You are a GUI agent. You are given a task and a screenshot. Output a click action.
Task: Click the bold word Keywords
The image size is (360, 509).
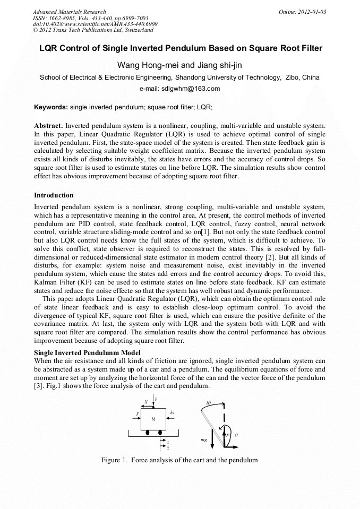[51, 107]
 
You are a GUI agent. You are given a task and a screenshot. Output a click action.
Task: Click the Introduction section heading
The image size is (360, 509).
[54, 195]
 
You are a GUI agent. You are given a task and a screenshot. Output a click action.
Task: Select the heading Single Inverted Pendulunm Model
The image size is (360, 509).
[87, 353]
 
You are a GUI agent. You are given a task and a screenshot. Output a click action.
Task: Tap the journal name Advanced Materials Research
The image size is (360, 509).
[69, 12]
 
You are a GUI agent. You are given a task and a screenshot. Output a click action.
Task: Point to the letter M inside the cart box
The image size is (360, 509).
[153, 419]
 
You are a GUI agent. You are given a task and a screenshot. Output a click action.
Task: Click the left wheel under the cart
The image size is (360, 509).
[147, 433]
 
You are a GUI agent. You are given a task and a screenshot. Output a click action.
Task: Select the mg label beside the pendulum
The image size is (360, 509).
[204, 440]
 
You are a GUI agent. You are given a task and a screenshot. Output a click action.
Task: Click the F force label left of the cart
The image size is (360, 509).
[137, 413]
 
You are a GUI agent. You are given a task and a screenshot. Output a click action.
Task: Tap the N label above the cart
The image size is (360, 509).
[145, 402]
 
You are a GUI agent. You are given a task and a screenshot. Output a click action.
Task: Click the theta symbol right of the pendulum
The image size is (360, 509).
[236, 435]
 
